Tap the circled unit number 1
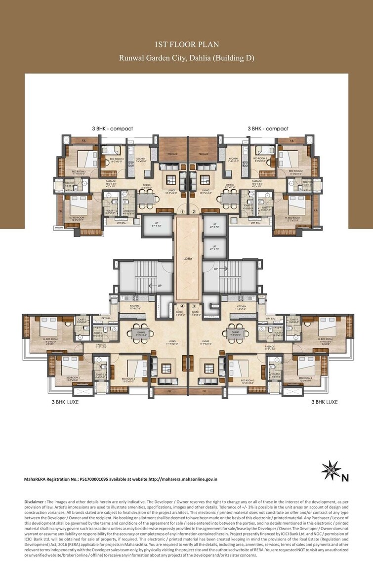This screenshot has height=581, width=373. [x=182, y=211]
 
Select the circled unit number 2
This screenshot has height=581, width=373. [x=194, y=211]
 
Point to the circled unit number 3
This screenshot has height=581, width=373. [x=194, y=306]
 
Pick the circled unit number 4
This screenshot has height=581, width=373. [x=182, y=306]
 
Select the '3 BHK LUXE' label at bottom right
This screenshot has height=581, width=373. [x=325, y=402]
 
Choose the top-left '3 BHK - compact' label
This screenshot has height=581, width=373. [x=112, y=128]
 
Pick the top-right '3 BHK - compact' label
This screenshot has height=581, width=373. [x=268, y=128]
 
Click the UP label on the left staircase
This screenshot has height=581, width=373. [x=159, y=286]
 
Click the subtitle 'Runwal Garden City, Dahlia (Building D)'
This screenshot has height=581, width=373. [x=186, y=58]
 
